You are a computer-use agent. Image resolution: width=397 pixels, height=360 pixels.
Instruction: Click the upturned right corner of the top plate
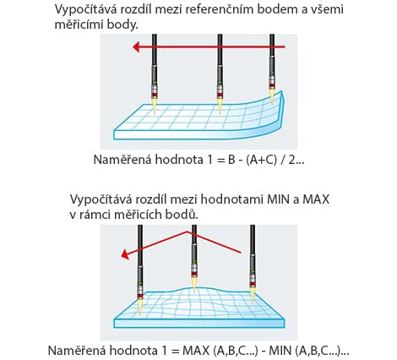point(282,91)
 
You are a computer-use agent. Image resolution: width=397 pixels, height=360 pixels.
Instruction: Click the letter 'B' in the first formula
point(231,160)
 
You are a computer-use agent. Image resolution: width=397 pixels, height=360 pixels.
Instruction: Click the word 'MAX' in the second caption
point(316,199)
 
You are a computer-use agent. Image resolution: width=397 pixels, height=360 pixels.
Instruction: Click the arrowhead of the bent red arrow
point(124,254)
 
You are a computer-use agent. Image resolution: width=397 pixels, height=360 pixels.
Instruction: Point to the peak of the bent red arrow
point(187,232)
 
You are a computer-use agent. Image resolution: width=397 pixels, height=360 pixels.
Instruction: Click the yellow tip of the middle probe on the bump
point(193,285)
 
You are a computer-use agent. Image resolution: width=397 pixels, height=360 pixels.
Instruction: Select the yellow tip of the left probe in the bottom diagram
point(140,307)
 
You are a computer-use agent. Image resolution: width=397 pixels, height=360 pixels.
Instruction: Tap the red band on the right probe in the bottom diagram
point(253,283)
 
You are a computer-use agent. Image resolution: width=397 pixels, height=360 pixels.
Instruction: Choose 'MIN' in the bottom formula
point(281,351)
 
